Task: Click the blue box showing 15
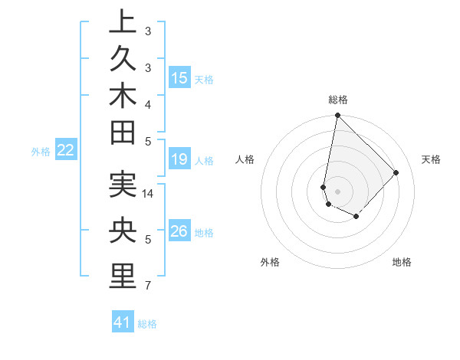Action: click(179, 77)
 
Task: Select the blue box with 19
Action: click(179, 159)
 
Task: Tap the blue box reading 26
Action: click(179, 231)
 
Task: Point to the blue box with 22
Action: click(66, 150)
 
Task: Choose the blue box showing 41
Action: click(123, 322)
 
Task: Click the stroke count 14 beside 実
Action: click(148, 194)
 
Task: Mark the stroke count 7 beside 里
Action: click(148, 286)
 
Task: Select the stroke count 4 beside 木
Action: click(148, 104)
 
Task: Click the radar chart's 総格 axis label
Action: click(337, 100)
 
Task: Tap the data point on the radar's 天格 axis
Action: click(396, 172)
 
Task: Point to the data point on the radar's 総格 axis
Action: click(337, 116)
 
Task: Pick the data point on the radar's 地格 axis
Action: click(356, 217)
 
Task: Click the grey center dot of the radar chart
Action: click(337, 191)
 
